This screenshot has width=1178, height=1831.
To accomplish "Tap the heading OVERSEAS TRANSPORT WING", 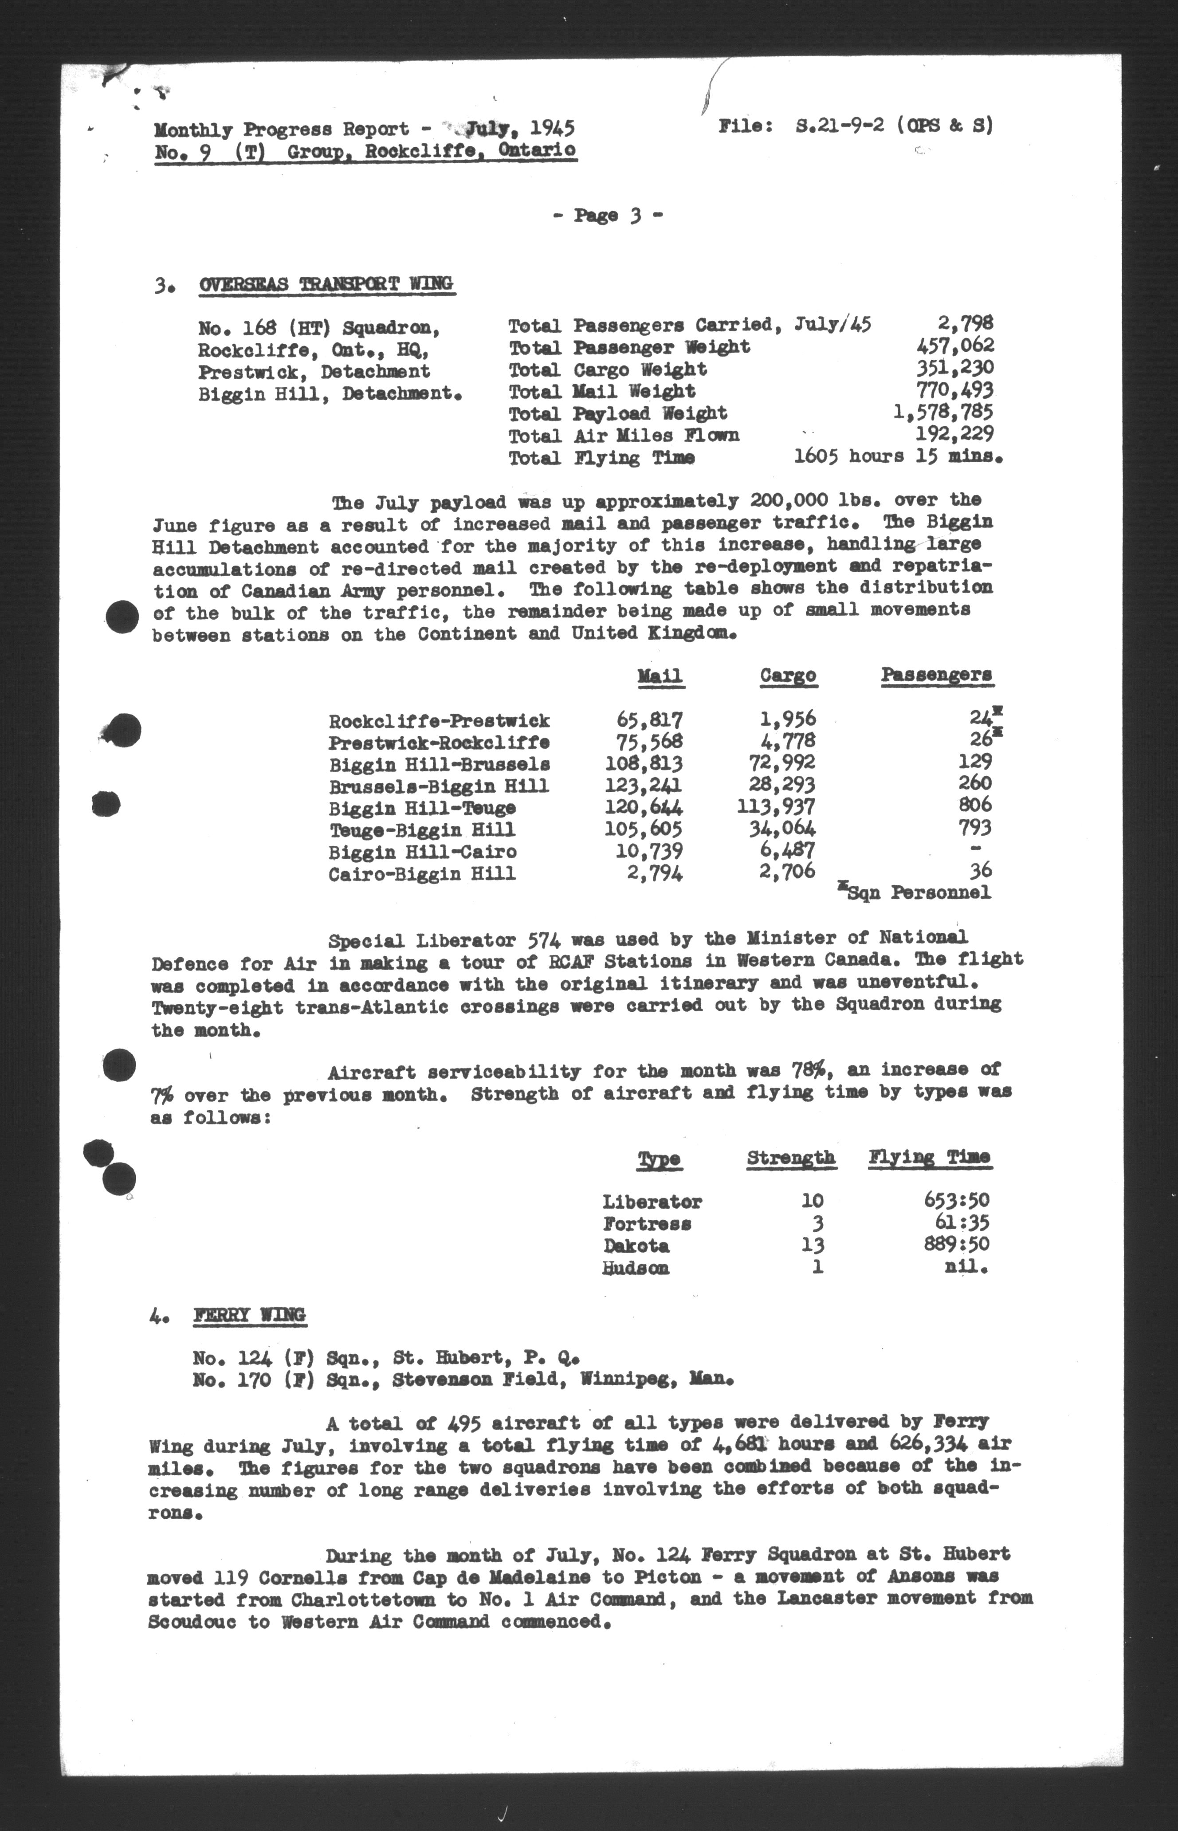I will [x=326, y=284].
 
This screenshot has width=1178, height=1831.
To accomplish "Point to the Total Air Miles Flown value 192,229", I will [x=954, y=434].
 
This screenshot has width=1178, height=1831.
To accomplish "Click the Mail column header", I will [x=660, y=676].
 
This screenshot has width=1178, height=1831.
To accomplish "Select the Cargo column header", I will [x=788, y=676].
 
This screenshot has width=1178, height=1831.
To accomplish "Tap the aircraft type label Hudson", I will [x=636, y=1268].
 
